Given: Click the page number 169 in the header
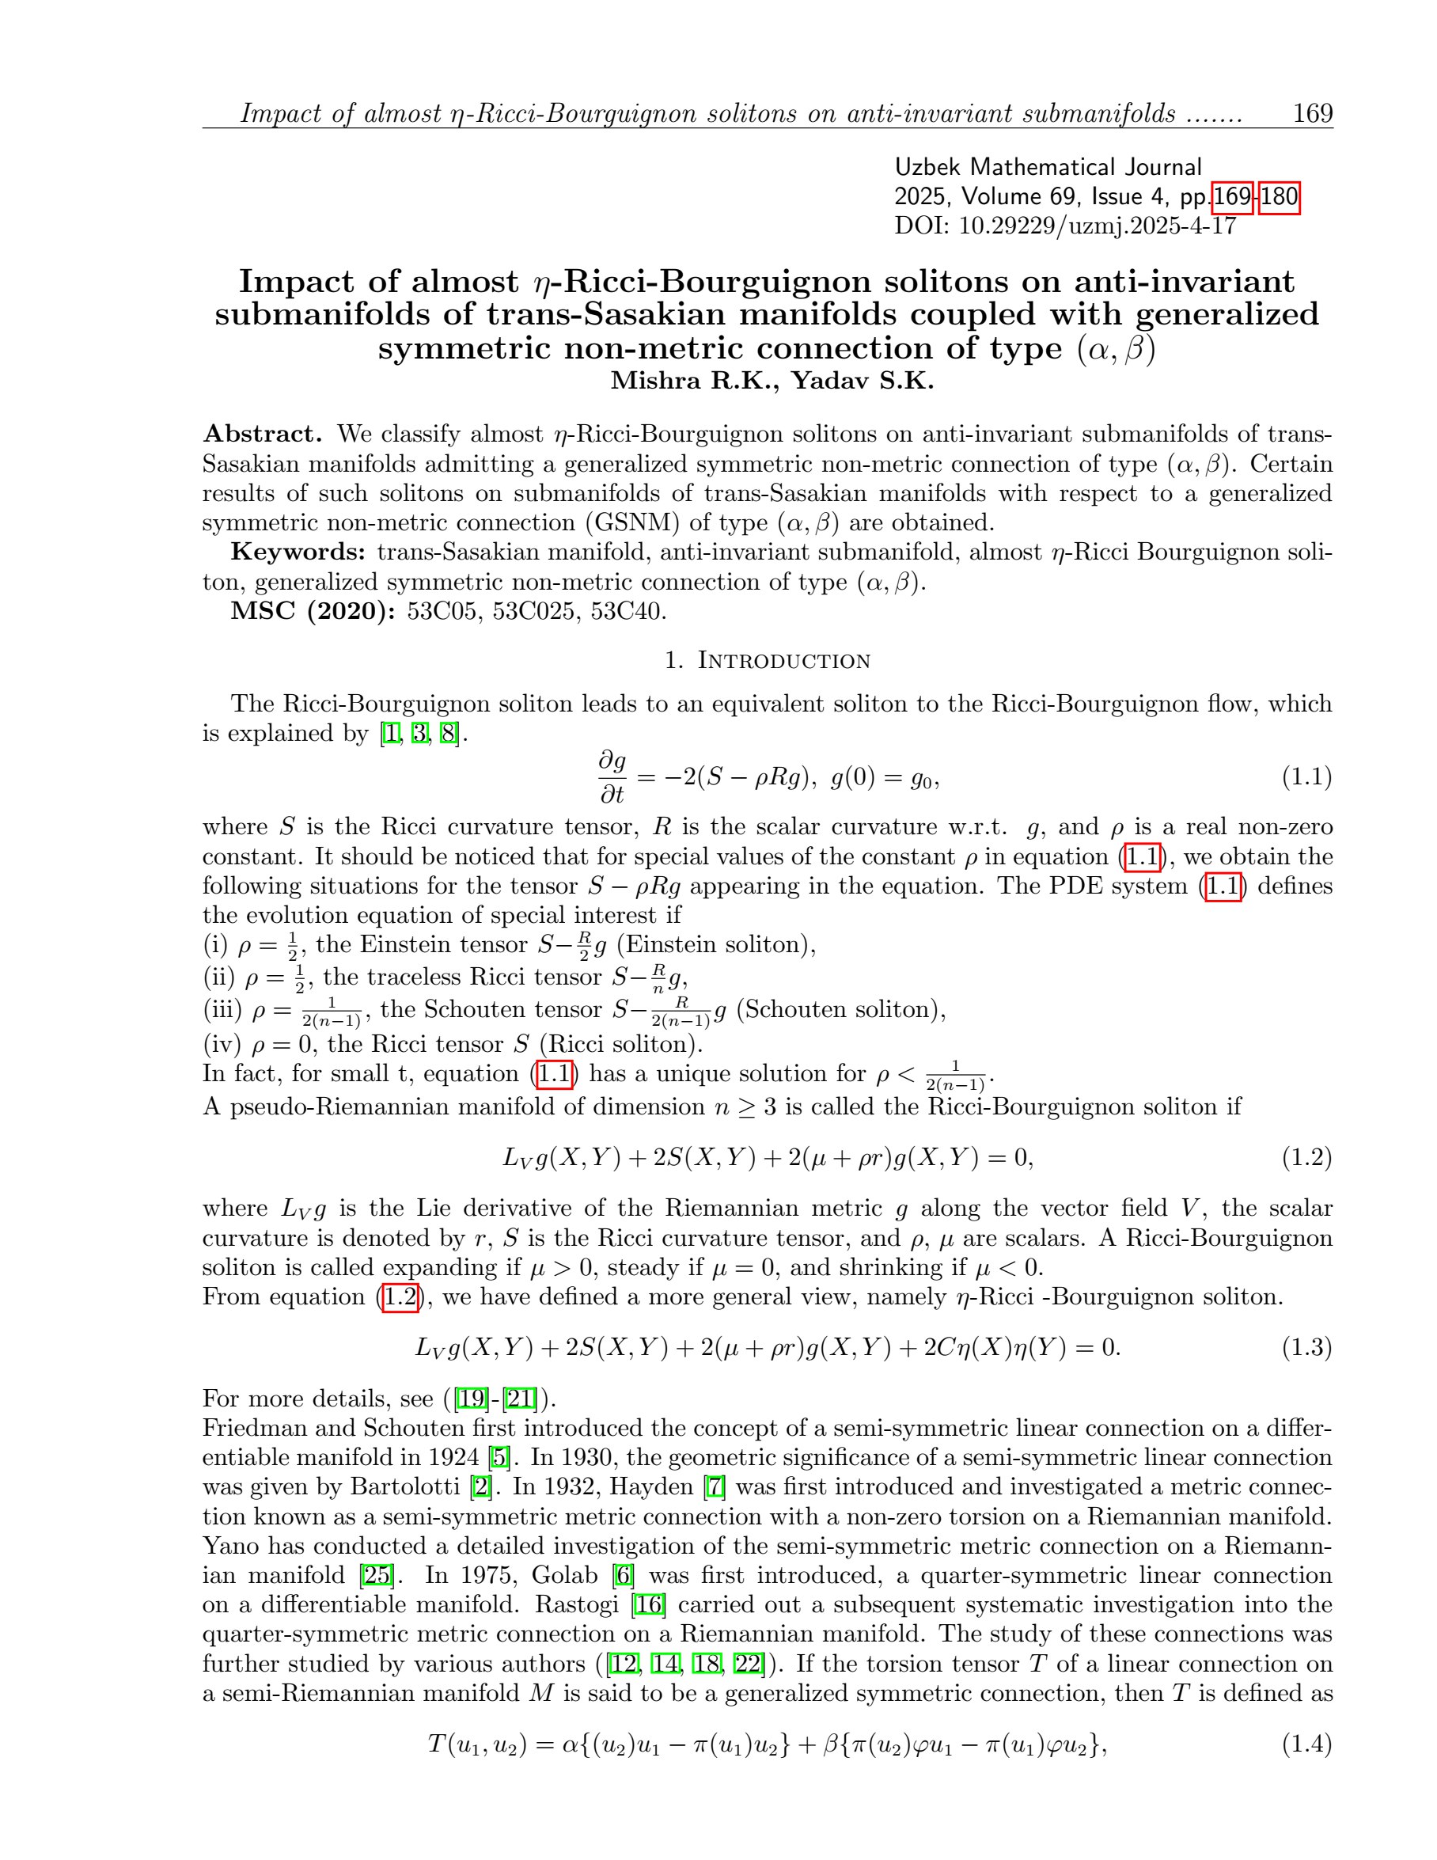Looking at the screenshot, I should [x=1312, y=113].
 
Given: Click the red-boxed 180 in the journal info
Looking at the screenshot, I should [x=1279, y=198].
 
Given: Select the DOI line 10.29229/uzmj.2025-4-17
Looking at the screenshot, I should [x=1065, y=226].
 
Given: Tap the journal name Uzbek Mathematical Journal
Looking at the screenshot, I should [x=1047, y=167].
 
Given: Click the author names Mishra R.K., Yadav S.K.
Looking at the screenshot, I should [x=772, y=381].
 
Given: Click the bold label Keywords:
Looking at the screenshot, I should [x=298, y=552].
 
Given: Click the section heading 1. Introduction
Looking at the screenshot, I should [x=767, y=661].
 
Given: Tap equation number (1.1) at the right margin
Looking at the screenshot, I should [x=1306, y=776].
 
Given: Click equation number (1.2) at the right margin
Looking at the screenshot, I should [x=1306, y=1157].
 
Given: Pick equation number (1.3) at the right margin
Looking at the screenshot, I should [x=1306, y=1347].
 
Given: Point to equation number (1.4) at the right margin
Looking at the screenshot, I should [x=1306, y=1745].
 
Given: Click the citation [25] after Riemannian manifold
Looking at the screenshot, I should [x=377, y=1576].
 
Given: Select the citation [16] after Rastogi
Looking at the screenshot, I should [x=648, y=1605].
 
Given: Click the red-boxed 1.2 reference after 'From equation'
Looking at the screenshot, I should [x=400, y=1297].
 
